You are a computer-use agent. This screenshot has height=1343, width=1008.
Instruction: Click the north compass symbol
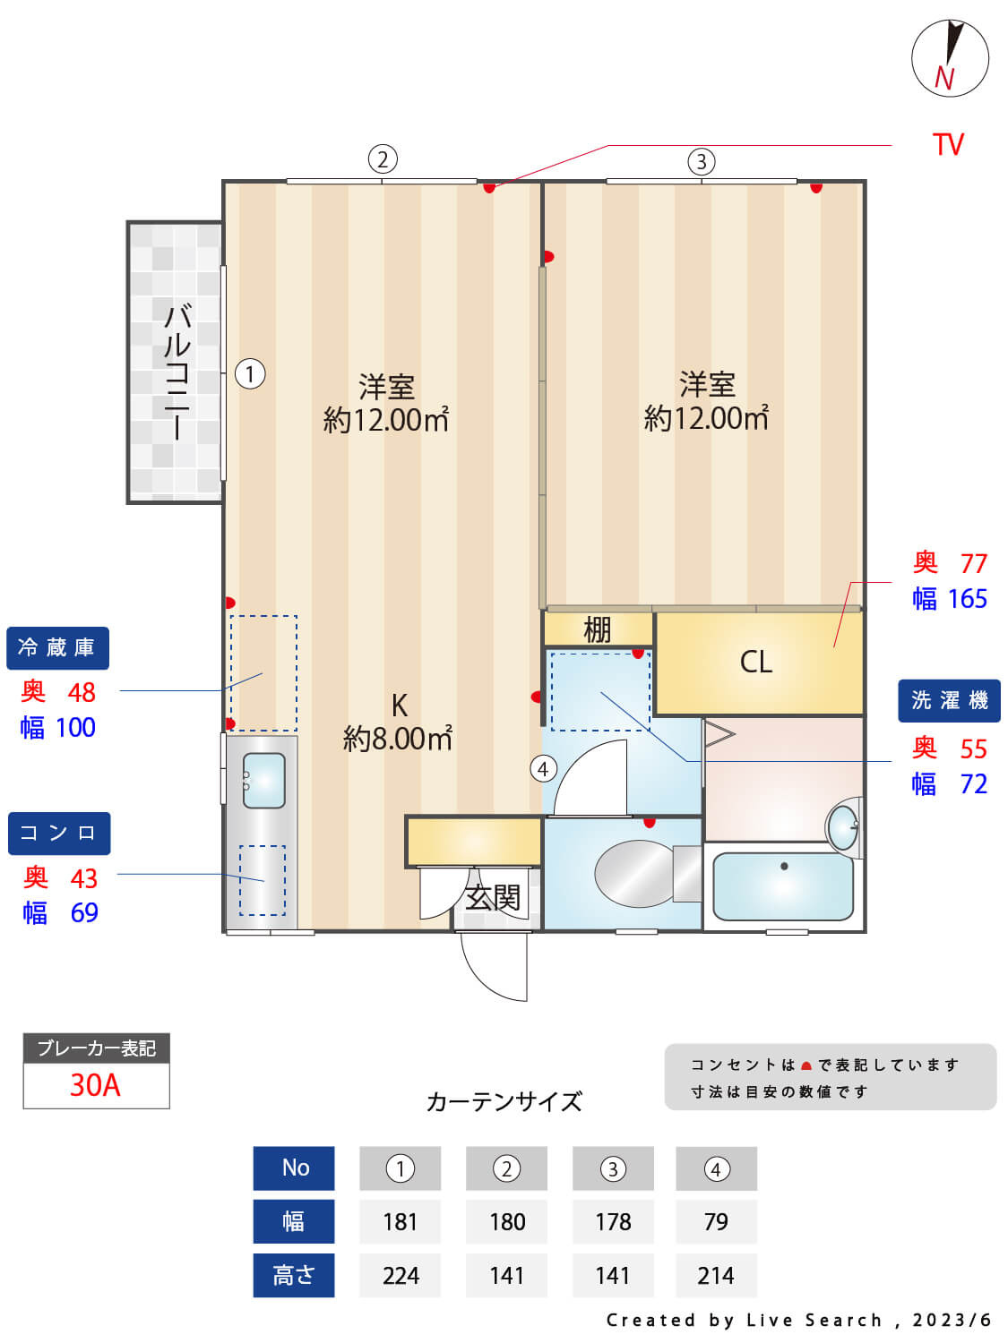(950, 58)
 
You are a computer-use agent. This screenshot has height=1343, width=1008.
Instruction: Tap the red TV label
(947, 145)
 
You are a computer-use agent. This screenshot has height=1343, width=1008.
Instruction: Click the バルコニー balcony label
(177, 371)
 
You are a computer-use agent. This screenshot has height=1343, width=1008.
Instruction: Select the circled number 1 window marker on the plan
(250, 373)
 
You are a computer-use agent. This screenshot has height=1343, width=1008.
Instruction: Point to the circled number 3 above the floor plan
(701, 162)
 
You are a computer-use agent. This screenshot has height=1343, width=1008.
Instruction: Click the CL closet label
(755, 662)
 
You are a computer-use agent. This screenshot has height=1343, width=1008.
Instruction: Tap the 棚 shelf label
(597, 629)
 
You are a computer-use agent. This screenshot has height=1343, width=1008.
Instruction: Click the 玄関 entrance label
(493, 897)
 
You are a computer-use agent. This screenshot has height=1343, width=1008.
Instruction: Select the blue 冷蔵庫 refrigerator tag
(57, 648)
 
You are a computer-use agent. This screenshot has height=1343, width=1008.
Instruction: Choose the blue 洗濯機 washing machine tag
(949, 700)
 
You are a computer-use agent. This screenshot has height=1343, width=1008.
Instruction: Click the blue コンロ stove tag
(59, 834)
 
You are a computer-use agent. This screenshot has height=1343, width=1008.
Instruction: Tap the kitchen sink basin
(263, 780)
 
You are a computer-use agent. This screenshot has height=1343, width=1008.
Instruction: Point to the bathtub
(783, 886)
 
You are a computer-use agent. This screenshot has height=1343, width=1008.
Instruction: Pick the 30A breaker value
(95, 1085)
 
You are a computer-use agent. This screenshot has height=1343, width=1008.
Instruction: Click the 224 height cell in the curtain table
(400, 1276)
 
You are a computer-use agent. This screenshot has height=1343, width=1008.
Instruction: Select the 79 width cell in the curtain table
(716, 1222)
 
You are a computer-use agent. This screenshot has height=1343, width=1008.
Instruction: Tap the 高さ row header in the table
(293, 1276)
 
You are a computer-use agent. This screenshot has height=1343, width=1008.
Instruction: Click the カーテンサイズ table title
(504, 1101)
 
